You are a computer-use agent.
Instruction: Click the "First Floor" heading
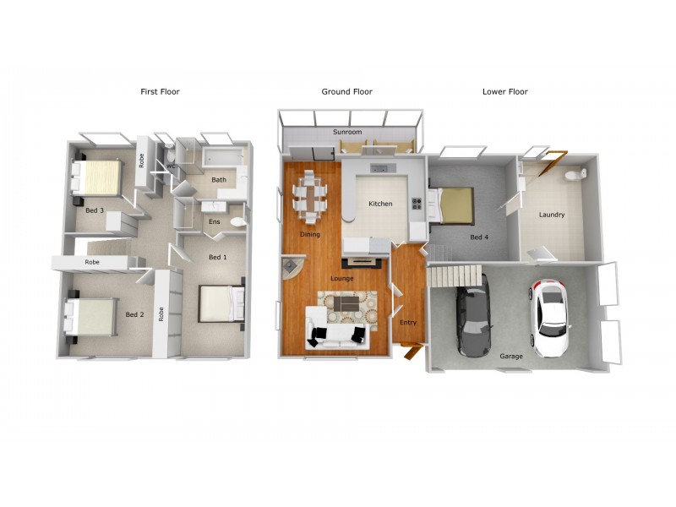[160, 91]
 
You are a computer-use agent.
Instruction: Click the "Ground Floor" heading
[346, 91]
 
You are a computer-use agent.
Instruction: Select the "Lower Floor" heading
[504, 91]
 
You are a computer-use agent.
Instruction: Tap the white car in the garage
[550, 319]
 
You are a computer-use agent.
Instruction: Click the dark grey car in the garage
[473, 321]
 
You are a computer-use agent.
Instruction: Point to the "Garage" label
[510, 357]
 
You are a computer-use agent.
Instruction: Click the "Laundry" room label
[551, 215]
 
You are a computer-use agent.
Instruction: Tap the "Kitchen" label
[380, 204]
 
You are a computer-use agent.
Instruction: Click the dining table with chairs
[310, 196]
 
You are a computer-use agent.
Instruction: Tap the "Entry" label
[407, 322]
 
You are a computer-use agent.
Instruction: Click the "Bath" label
[219, 180]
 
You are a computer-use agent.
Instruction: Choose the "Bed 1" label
[218, 257]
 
